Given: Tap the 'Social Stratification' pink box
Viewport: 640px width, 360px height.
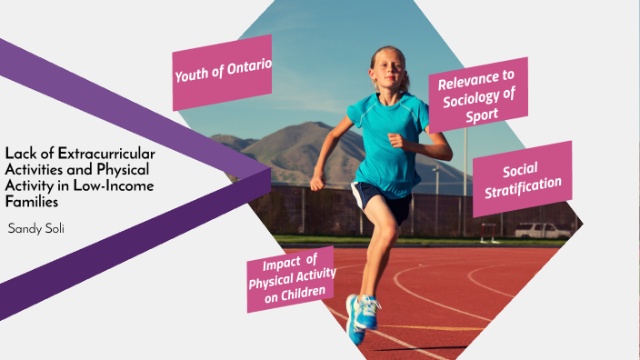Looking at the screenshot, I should coord(522,178).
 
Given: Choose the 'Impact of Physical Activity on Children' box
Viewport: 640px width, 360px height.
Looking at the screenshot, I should coord(292,277).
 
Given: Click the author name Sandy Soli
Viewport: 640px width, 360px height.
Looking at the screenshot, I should coord(35,227).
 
